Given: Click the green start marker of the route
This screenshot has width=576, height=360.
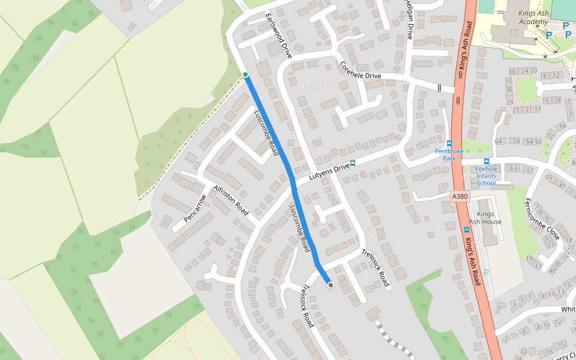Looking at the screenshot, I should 245,74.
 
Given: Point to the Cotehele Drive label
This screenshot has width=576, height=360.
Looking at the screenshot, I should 361,70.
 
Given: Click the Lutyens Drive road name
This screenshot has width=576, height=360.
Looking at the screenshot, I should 329,171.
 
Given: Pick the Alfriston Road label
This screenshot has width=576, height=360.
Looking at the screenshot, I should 230,200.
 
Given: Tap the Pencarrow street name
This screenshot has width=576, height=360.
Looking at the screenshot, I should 195,208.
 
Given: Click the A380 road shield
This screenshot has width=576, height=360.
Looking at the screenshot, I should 460,196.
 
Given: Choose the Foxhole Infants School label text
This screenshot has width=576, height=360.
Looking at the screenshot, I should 486,176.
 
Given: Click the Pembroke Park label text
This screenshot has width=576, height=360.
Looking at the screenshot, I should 449,155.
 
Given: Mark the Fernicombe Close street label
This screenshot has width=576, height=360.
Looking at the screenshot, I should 542,219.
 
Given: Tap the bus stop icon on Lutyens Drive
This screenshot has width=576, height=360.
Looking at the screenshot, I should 353,163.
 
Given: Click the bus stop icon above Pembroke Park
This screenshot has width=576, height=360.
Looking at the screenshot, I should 449,143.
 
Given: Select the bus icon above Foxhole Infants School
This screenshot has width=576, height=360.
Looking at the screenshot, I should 486,161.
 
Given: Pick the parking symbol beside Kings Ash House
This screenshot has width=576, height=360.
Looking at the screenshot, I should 486,272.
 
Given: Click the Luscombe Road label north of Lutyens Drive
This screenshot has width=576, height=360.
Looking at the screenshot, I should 266,133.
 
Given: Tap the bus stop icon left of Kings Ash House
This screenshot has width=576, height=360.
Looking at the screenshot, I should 466,229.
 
